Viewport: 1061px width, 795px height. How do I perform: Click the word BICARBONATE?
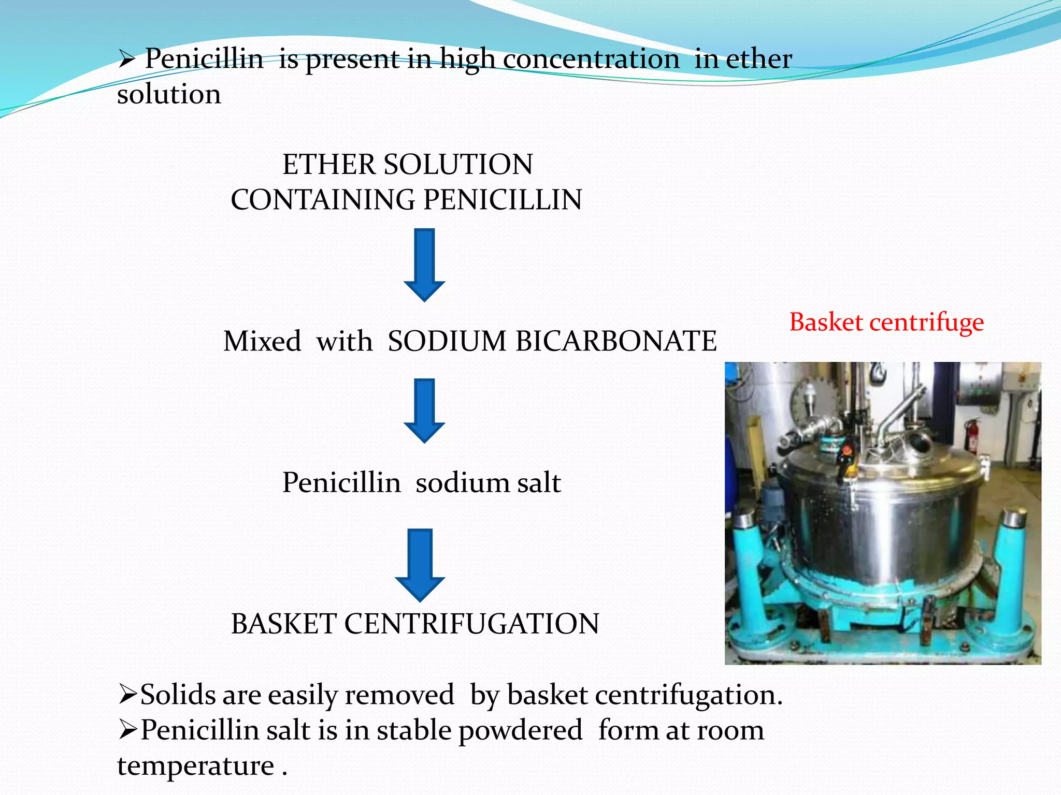pyautogui.click(x=616, y=342)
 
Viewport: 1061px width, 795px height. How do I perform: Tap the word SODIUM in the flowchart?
pyautogui.click(x=447, y=342)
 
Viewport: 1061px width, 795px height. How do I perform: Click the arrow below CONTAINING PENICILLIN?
pyautogui.click(x=424, y=264)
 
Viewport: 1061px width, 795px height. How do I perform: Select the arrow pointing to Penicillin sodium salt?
pyautogui.click(x=424, y=410)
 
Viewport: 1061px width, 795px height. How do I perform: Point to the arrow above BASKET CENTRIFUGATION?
pyautogui.click(x=420, y=564)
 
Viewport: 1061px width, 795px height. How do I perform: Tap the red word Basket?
pyautogui.click(x=826, y=322)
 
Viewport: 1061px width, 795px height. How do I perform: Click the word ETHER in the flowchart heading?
pyautogui.click(x=329, y=165)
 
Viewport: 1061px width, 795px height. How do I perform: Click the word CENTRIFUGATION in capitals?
pyautogui.click(x=471, y=624)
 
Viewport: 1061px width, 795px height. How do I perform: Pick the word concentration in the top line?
pyautogui.click(x=591, y=59)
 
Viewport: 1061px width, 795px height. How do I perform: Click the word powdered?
pyautogui.click(x=521, y=731)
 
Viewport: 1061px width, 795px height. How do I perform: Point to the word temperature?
pyautogui.click(x=195, y=766)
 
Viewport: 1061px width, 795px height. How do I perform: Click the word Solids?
pyautogui.click(x=178, y=695)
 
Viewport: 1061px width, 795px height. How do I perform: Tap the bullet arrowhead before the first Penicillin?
pyautogui.click(x=127, y=60)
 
